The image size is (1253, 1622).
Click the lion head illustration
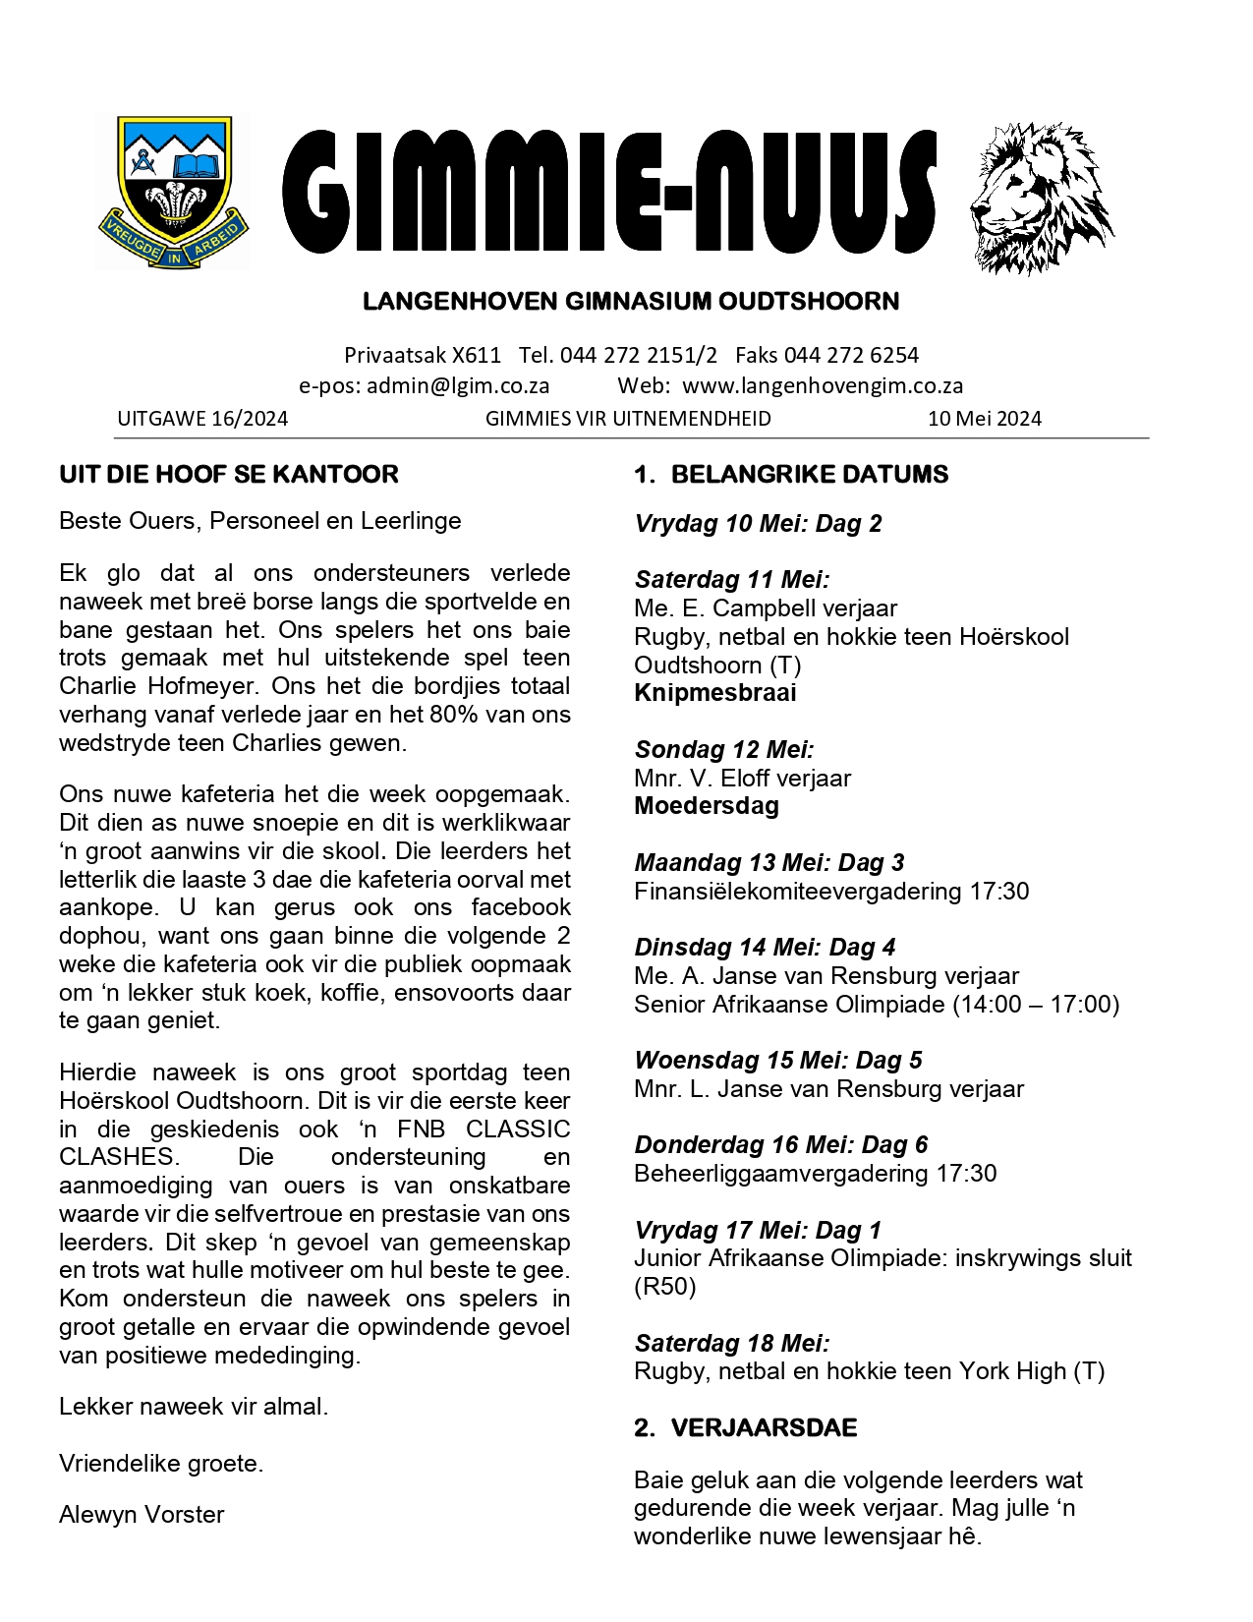pos(1041,197)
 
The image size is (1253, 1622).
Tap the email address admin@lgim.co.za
pos(458,385)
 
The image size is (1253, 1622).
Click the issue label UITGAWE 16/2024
pos(202,419)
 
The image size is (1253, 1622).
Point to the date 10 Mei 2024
pos(984,419)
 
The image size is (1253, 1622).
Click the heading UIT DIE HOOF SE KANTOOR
pos(229,475)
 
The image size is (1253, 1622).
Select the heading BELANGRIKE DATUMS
pos(809,475)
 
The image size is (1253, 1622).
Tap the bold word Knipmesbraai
pos(715,693)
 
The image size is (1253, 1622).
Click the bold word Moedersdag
pos(707,806)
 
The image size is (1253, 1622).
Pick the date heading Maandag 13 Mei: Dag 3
pos(769,863)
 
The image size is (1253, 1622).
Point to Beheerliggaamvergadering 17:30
pos(815,1174)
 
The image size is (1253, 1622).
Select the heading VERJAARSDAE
pos(764,1428)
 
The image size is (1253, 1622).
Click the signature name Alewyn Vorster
pos(142,1515)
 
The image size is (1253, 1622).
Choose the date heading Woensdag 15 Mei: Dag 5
pos(778,1061)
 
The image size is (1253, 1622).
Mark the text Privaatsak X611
pos(423,355)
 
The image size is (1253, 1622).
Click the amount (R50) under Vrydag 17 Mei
pos(665,1287)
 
